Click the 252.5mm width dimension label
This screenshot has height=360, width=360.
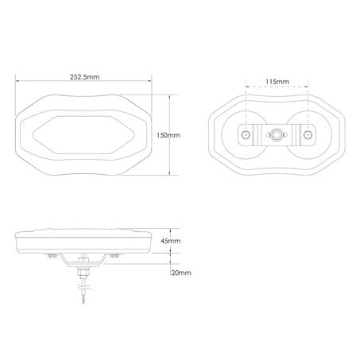[x=84, y=76]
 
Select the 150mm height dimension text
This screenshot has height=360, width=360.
[x=168, y=135]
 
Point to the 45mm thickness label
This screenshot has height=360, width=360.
[x=171, y=241]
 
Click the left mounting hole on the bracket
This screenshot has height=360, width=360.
[x=247, y=136]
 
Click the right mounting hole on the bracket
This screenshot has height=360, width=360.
[x=305, y=136]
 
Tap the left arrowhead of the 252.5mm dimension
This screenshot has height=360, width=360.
[x=17, y=81]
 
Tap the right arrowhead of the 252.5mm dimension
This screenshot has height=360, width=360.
[x=152, y=81]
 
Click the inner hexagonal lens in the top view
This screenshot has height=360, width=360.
[x=84, y=135]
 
